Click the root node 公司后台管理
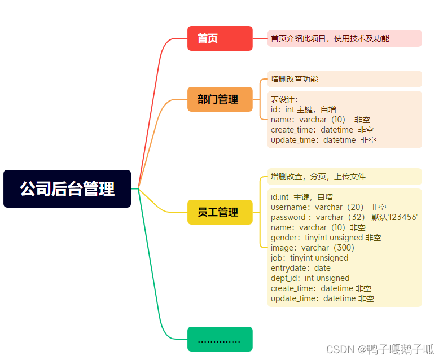coord(67,188)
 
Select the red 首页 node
coord(220,38)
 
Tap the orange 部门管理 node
coord(220,99)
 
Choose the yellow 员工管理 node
coord(220,212)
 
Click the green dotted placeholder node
coord(220,339)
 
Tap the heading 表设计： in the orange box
coord(284,99)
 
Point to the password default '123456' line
coord(344,217)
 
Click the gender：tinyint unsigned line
coord(326,238)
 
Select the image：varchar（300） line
coord(312,248)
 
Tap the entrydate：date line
coord(300,268)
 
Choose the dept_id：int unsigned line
coord(310,278)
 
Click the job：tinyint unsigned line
coord(309,258)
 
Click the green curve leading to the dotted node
coord(158,282)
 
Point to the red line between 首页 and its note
coord(260,38)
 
